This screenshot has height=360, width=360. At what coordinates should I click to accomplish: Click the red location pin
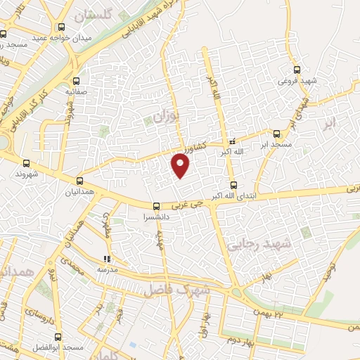(x=181, y=166)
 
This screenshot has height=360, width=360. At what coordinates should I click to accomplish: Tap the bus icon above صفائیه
(x=75, y=80)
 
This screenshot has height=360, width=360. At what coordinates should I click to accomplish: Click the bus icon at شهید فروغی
(x=297, y=70)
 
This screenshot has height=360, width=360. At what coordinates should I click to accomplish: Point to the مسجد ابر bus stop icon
(x=276, y=133)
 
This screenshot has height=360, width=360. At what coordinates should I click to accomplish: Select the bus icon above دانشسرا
(x=156, y=207)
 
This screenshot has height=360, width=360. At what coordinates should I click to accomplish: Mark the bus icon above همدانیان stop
(x=79, y=181)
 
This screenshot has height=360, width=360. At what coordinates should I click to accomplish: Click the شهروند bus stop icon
(x=27, y=162)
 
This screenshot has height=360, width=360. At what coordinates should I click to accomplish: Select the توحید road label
(x=326, y=270)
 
